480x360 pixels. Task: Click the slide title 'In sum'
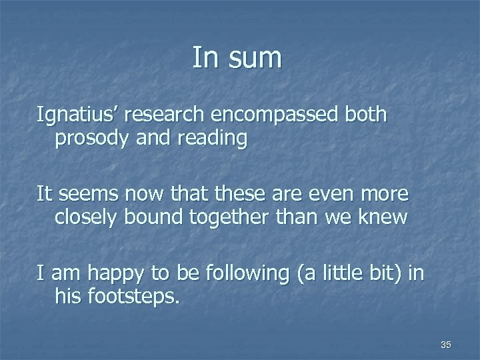coord(237,58)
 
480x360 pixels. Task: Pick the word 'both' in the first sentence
coord(365,115)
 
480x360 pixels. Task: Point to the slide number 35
coord(446,345)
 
